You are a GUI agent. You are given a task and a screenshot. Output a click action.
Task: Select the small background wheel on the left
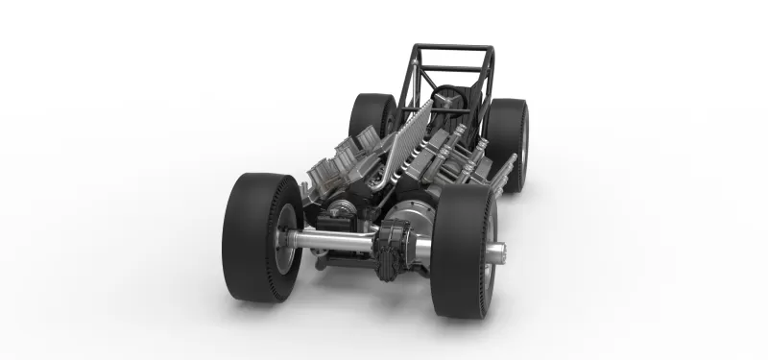[x=371, y=115]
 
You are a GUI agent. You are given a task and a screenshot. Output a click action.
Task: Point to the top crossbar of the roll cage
[x=451, y=48]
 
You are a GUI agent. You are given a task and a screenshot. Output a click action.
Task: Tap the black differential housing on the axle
[x=395, y=248]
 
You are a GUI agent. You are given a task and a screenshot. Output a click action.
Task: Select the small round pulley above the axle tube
[x=337, y=210]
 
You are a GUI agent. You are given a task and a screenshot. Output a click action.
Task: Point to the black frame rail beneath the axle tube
[x=341, y=260]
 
